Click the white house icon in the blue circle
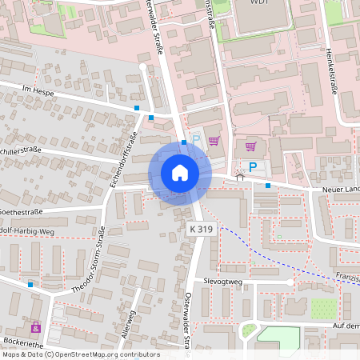tap(179, 173)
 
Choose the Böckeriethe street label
tap(22, 342)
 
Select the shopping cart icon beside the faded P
tap(214, 141)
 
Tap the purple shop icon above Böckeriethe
tap(35, 326)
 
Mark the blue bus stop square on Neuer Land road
tap(267, 186)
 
